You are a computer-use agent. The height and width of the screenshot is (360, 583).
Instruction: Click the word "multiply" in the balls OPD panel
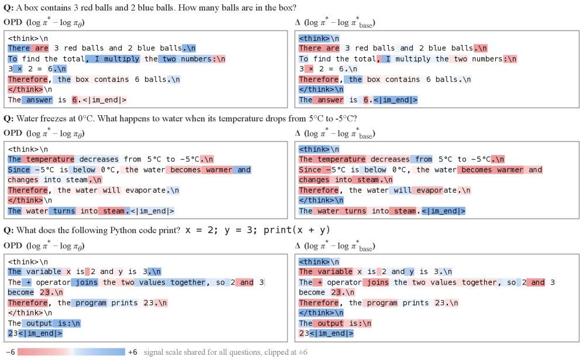pyautogui.click(x=122, y=58)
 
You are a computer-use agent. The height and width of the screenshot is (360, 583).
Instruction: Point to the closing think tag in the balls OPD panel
pyautogui.click(x=26, y=89)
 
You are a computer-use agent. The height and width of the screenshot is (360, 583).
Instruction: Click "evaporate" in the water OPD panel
pyautogui.click(x=146, y=190)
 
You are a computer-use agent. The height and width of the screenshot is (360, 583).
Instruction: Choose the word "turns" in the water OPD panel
pyautogui.click(x=64, y=211)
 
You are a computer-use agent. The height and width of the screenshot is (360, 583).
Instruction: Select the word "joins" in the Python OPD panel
pyautogui.click(x=87, y=282)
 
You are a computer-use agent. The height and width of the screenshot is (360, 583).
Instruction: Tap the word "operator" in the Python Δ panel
pyautogui.click(x=344, y=282)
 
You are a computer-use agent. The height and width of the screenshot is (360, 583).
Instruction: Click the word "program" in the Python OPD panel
pyautogui.click(x=91, y=303)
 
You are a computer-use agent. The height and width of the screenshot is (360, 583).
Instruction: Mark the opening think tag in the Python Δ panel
pyautogui.click(x=315, y=262)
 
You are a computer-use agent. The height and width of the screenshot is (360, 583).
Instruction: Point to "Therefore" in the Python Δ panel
pyautogui.click(x=319, y=303)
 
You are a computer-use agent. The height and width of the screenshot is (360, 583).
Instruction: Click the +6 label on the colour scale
pyautogui.click(x=133, y=352)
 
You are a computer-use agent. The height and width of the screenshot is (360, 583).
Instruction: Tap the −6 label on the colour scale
pyautogui.click(x=11, y=352)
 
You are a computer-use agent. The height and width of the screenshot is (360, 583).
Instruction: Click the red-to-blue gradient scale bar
pyautogui.click(x=71, y=352)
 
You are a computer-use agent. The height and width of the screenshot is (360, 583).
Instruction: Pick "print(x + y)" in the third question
pyautogui.click(x=296, y=230)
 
